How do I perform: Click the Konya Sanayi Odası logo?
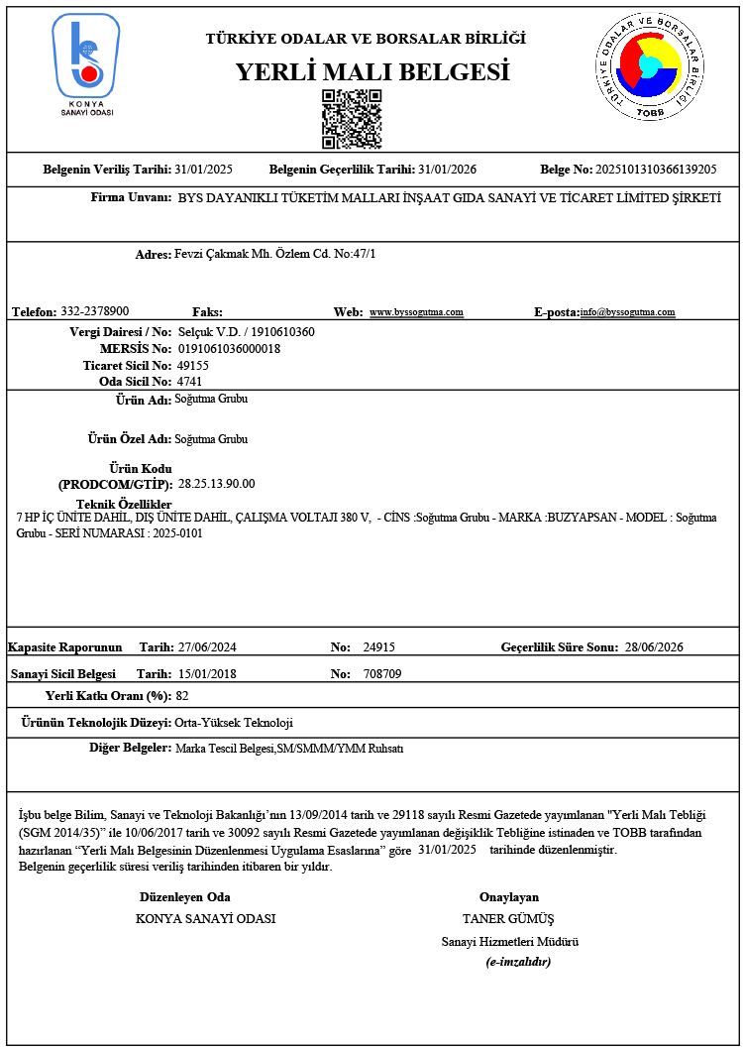(86, 63)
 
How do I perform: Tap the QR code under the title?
(351, 119)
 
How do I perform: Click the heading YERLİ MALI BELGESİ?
(371, 72)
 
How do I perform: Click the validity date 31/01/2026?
(447, 170)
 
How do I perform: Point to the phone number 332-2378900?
(95, 311)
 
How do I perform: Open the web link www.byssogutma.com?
(416, 312)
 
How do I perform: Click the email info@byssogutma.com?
(628, 312)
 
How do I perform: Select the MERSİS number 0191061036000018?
(229, 349)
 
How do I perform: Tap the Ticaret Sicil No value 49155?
(192, 365)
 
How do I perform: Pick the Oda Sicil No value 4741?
(189, 381)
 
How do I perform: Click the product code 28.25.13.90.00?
(217, 484)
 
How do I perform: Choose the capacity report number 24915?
(379, 647)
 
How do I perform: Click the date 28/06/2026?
(654, 647)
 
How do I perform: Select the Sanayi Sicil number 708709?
(382, 674)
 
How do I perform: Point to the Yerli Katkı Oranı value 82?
(182, 696)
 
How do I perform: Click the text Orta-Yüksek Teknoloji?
(234, 723)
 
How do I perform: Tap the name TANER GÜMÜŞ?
(508, 919)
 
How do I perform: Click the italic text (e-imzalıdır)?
(518, 962)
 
